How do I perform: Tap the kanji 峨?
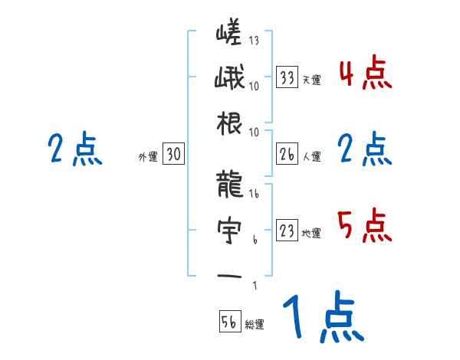[228, 80]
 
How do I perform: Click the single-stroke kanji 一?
[228, 276]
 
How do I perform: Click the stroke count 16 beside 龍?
[254, 195]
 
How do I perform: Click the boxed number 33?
[287, 78]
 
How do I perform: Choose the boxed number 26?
[287, 155]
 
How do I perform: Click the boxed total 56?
[228, 322]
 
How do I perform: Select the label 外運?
[147, 157]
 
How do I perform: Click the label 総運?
[255, 324]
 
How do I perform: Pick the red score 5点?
[365, 227]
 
